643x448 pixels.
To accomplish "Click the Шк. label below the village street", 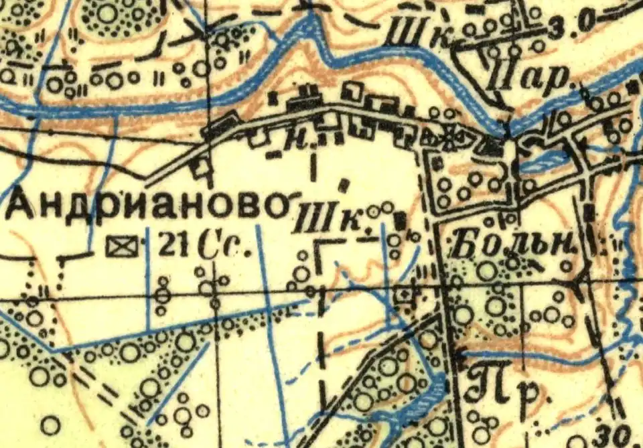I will tap(333, 219).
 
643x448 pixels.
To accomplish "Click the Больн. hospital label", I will tap(514, 244).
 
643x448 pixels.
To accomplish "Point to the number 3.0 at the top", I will tap(568, 24).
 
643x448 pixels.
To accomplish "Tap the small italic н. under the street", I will tap(291, 142).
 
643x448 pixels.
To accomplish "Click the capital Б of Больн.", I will tap(467, 244).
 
